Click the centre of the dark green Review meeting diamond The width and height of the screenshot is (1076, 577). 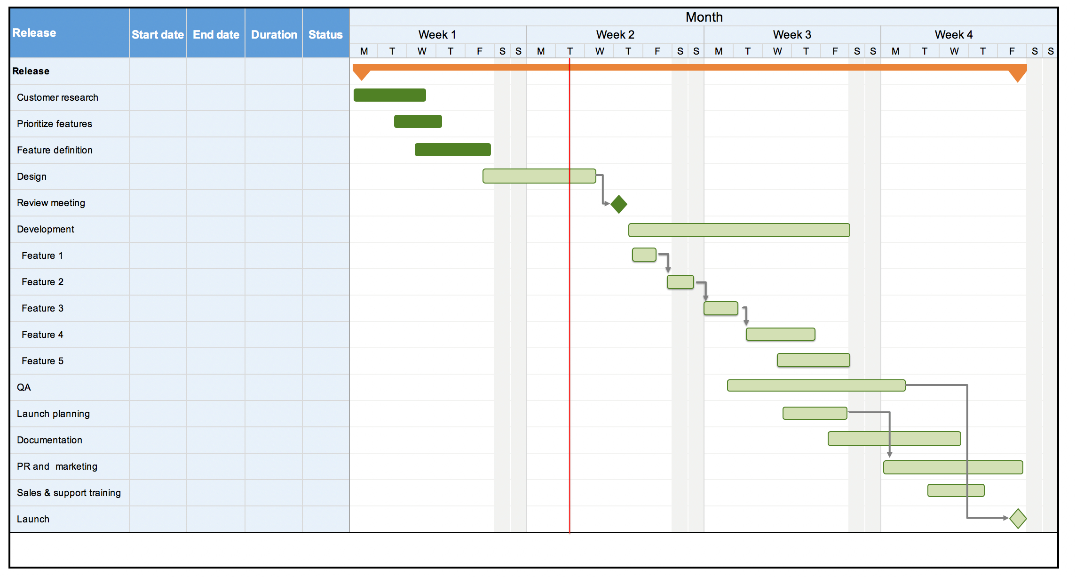pyautogui.click(x=619, y=204)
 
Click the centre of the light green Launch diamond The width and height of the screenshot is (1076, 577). pyautogui.click(x=1018, y=518)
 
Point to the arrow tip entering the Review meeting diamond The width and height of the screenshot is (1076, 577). pyautogui.click(x=610, y=204)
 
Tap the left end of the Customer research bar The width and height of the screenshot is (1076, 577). pyautogui.click(x=354, y=95)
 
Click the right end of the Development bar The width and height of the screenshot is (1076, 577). pyautogui.click(x=850, y=230)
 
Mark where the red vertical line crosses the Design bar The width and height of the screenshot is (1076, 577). pyautogui.click(x=570, y=176)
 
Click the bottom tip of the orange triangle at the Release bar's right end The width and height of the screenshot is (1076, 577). pyautogui.click(x=1018, y=82)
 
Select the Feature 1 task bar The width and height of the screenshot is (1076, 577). pyautogui.click(x=644, y=255)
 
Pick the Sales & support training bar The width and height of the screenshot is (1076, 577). pyautogui.click(x=956, y=490)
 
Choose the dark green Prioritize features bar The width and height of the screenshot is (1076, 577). pyautogui.click(x=418, y=121)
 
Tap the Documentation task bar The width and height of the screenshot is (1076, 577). pyautogui.click(x=894, y=439)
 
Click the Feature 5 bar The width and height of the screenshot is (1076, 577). pyautogui.click(x=814, y=360)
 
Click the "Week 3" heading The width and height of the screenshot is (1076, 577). pyautogui.click(x=792, y=35)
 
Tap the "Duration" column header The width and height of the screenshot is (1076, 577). pyautogui.click(x=274, y=35)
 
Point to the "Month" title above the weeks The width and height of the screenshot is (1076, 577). pyautogui.click(x=704, y=17)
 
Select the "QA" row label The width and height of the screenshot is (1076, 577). pyautogui.click(x=24, y=387)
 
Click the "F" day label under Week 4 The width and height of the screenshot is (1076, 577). pyautogui.click(x=1012, y=51)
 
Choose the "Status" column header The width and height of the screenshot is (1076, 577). pyautogui.click(x=325, y=35)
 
